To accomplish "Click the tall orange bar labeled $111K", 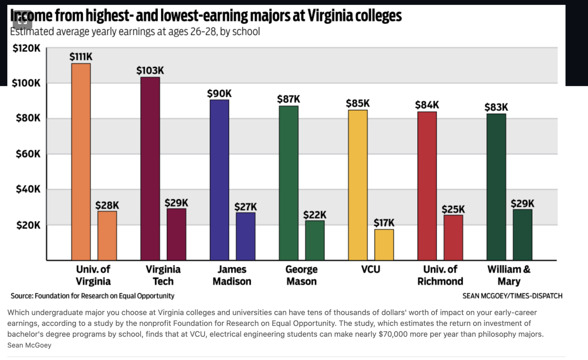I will tap(81, 162).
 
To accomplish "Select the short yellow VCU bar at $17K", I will tap(384, 245).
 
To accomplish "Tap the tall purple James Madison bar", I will tap(219, 180).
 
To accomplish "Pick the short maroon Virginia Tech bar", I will tap(176, 234).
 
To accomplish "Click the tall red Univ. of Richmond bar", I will tap(427, 186).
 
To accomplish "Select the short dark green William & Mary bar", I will tap(522, 235).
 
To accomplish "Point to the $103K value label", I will tap(150, 71).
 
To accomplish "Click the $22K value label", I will tap(315, 215).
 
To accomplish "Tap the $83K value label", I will tap(496, 108).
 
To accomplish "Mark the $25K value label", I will tap(453, 210).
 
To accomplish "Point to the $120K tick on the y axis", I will tap(26, 48).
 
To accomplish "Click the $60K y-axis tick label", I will tap(28, 154).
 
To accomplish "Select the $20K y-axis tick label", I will tap(28, 225).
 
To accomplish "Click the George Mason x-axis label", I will tap(301, 275).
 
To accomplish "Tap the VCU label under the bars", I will tap(371, 270).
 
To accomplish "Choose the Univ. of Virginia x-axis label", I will tap(93, 275).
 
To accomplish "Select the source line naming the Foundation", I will tap(92, 296).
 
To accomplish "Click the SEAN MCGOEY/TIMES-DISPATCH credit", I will tap(512, 296).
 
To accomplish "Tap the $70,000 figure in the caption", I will tap(393, 334).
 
